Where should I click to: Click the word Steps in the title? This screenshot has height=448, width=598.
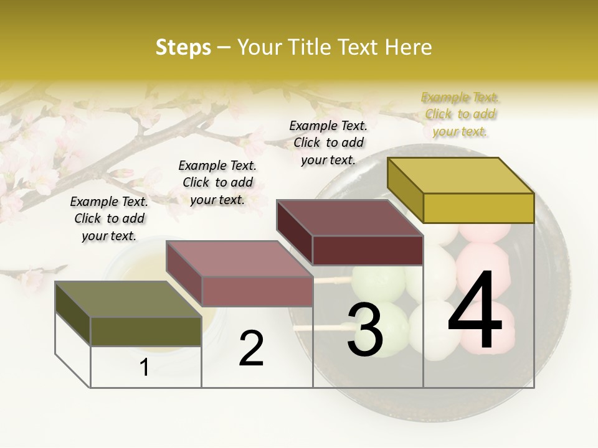(183, 47)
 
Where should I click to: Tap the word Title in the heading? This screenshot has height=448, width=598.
(311, 47)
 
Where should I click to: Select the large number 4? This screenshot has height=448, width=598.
(475, 311)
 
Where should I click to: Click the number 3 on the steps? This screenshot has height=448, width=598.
(365, 330)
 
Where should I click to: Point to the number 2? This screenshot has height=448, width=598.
(251, 348)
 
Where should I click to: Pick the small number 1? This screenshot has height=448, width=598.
(145, 368)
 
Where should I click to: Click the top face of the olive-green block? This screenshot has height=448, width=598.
(128, 299)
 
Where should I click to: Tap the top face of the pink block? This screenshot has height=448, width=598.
(239, 259)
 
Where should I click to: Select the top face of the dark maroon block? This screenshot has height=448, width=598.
(349, 218)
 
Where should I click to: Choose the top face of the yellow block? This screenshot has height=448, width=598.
(460, 175)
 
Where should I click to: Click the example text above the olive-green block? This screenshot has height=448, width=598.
(109, 218)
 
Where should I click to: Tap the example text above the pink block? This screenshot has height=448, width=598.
(217, 182)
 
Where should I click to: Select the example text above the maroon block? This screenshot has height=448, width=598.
(328, 142)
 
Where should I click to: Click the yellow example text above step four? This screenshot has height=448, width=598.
(460, 114)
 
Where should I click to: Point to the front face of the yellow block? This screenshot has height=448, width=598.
(478, 208)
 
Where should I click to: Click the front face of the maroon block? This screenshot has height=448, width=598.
(368, 250)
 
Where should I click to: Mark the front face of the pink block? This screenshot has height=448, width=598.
(257, 291)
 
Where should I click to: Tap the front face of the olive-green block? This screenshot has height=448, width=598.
(146, 331)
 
